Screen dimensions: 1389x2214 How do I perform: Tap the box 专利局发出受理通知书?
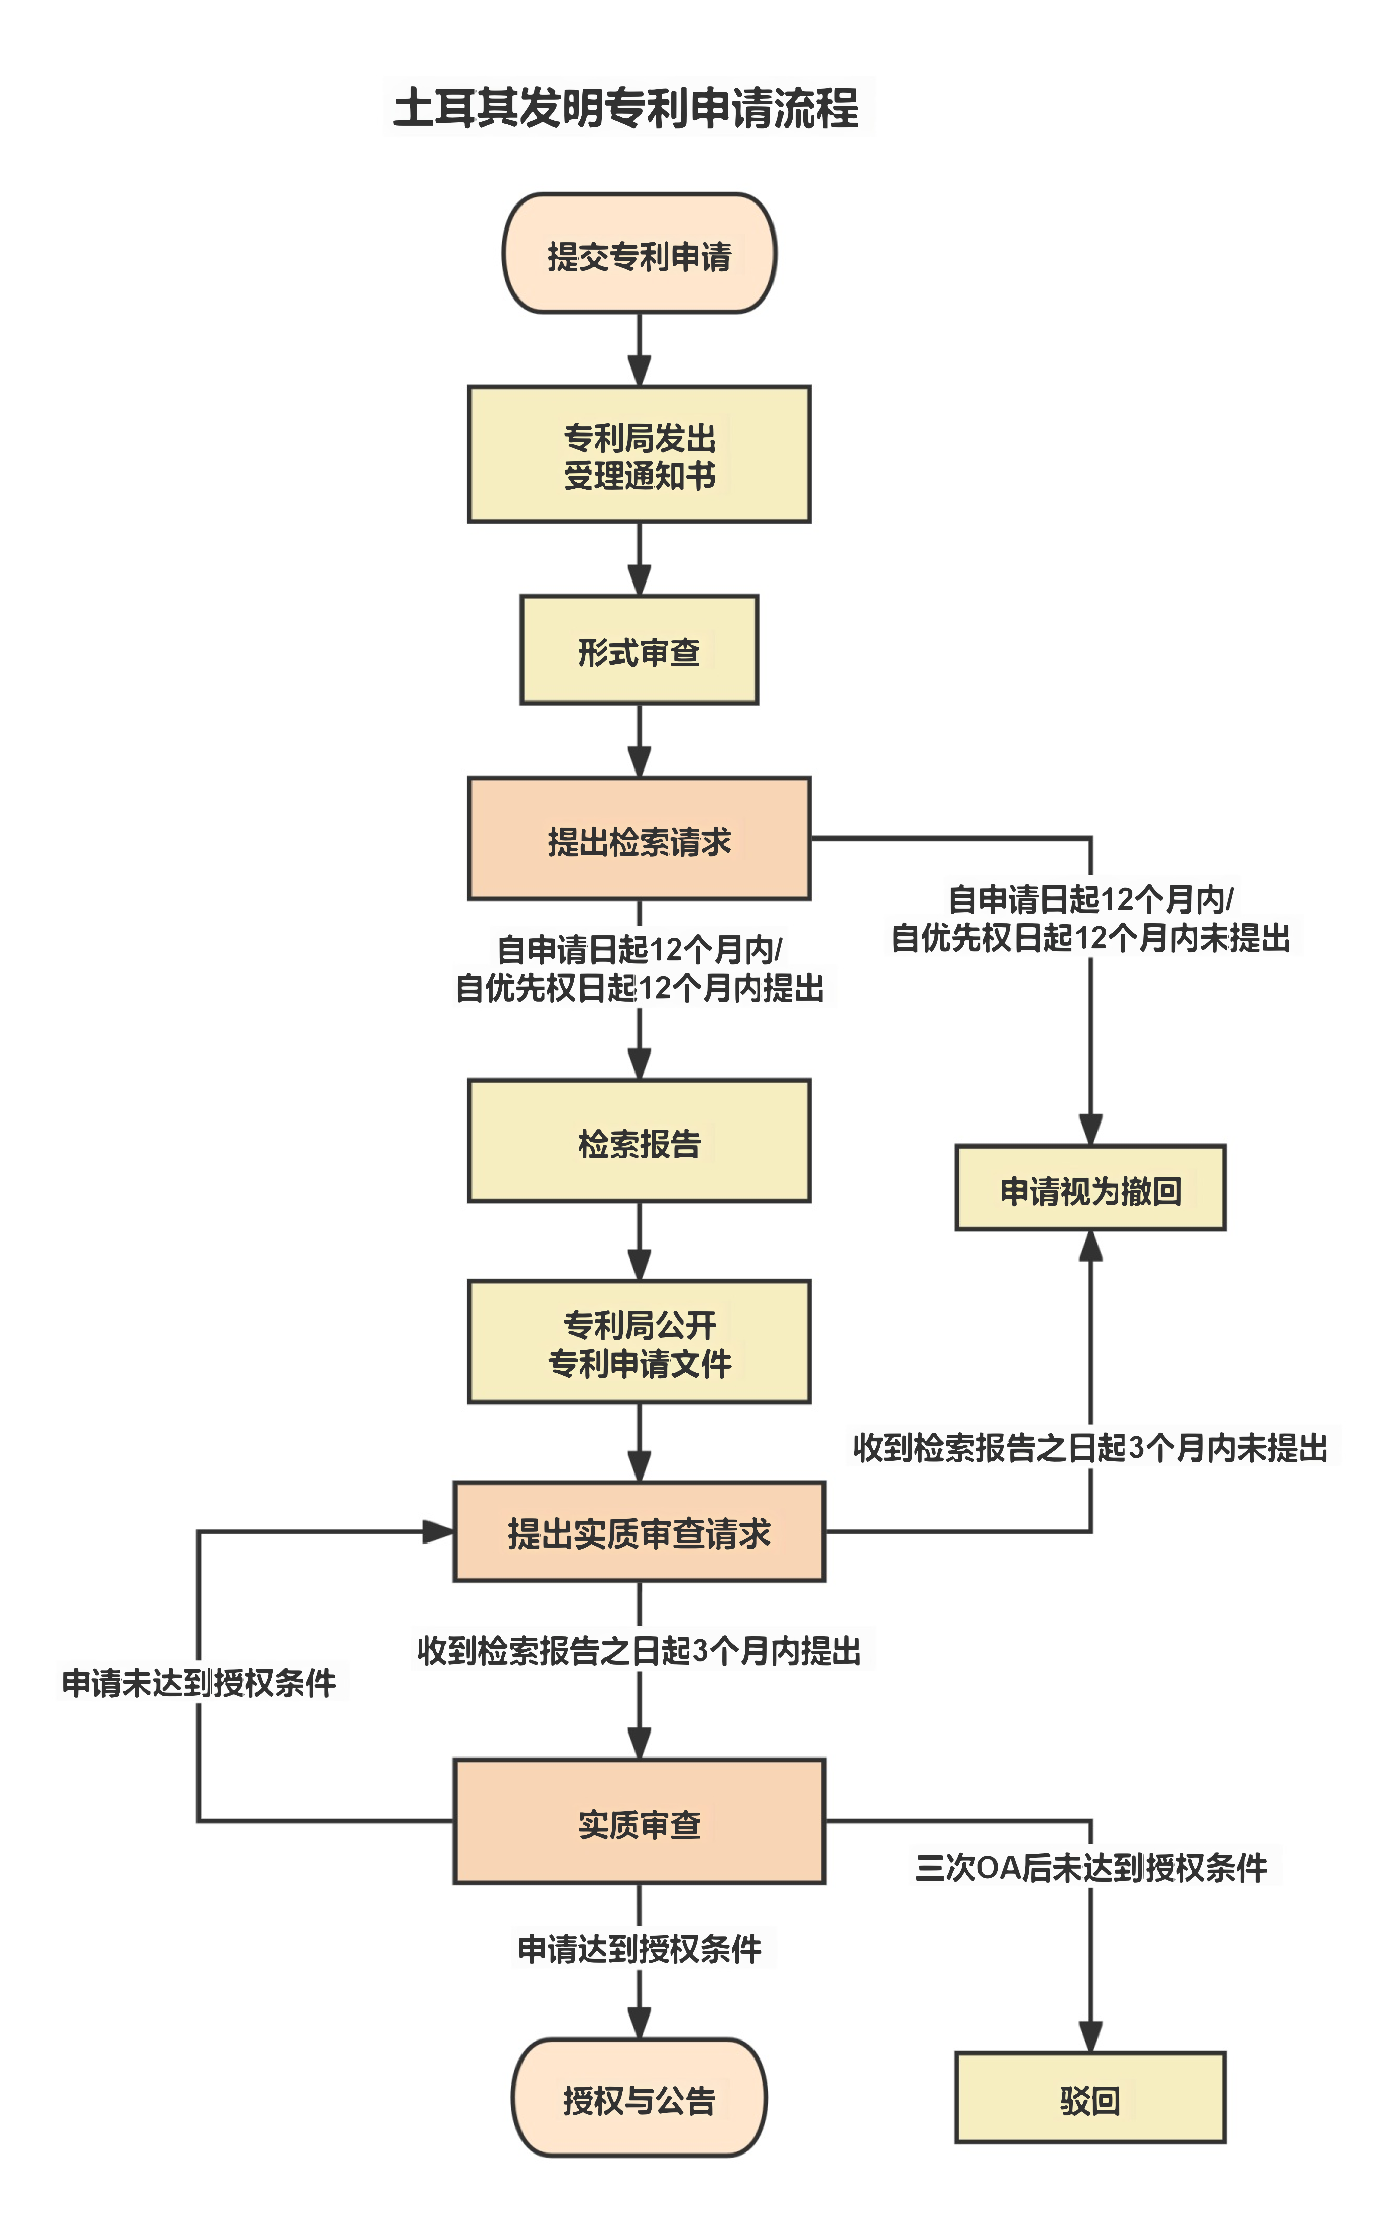[639, 455]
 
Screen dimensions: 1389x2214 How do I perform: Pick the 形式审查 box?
[639, 650]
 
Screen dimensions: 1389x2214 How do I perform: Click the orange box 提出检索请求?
[639, 838]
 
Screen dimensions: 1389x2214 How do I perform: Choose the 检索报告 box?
[639, 1140]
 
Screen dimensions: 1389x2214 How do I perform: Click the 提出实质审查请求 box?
[639, 1532]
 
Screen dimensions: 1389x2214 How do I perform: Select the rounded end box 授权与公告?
[639, 2097]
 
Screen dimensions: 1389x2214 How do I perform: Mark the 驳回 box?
[1091, 2097]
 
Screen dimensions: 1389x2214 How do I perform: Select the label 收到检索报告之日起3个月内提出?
[639, 1651]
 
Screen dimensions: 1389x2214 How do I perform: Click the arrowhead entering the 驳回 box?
[1091, 2037]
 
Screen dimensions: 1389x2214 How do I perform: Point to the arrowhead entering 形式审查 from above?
[639, 579]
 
